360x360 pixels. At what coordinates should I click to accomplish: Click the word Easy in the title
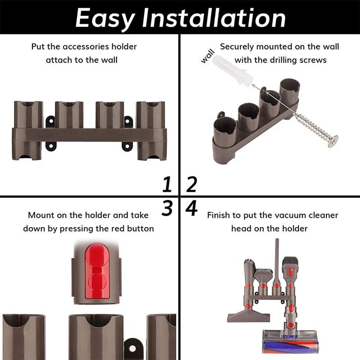tap(105, 18)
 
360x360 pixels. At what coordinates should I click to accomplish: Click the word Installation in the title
tap(214, 18)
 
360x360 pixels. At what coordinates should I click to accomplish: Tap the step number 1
tap(167, 184)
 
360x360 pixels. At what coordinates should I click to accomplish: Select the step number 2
tap(192, 184)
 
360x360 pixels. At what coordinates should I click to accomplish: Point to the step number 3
tap(167, 208)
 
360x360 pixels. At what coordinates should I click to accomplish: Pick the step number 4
tap(192, 208)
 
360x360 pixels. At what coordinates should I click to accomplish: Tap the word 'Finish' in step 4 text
tap(219, 216)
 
